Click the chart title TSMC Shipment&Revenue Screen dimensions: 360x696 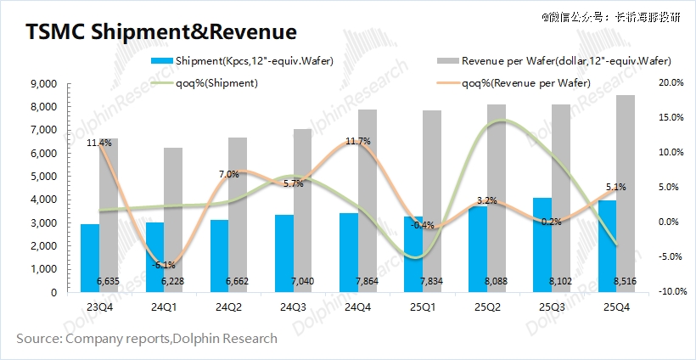pos(161,31)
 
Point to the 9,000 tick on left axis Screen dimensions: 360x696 pos(42,84)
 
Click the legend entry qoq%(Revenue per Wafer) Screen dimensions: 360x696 pos(526,82)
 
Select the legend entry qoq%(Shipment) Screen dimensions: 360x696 pos(216,82)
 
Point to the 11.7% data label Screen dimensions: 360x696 pos(358,141)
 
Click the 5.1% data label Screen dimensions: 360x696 pos(616,187)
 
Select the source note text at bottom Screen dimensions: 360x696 pos(147,339)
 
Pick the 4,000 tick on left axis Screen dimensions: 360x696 pos(42,200)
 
